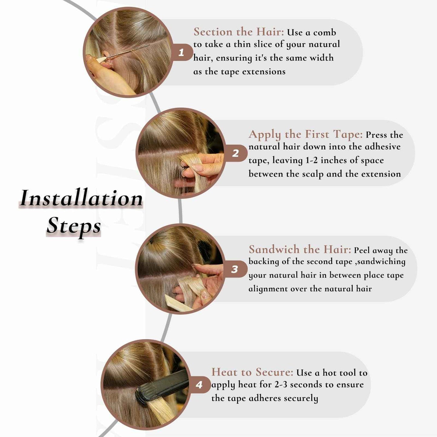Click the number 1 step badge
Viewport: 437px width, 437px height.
(181, 53)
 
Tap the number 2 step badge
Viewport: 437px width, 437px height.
(236, 153)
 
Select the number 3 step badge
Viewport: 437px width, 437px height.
(235, 269)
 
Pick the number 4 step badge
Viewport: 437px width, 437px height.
(199, 385)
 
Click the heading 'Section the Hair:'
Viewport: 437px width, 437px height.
(239, 32)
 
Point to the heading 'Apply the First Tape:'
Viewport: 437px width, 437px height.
(305, 134)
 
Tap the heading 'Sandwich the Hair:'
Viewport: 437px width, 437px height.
(300, 249)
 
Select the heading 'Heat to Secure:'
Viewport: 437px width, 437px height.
(252, 372)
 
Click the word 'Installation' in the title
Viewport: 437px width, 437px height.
(81, 198)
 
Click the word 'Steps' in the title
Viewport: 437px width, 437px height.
(73, 226)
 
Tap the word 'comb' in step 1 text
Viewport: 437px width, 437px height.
(324, 32)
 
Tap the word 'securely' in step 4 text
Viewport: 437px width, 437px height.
(301, 398)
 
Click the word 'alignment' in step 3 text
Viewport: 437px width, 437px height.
(268, 289)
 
